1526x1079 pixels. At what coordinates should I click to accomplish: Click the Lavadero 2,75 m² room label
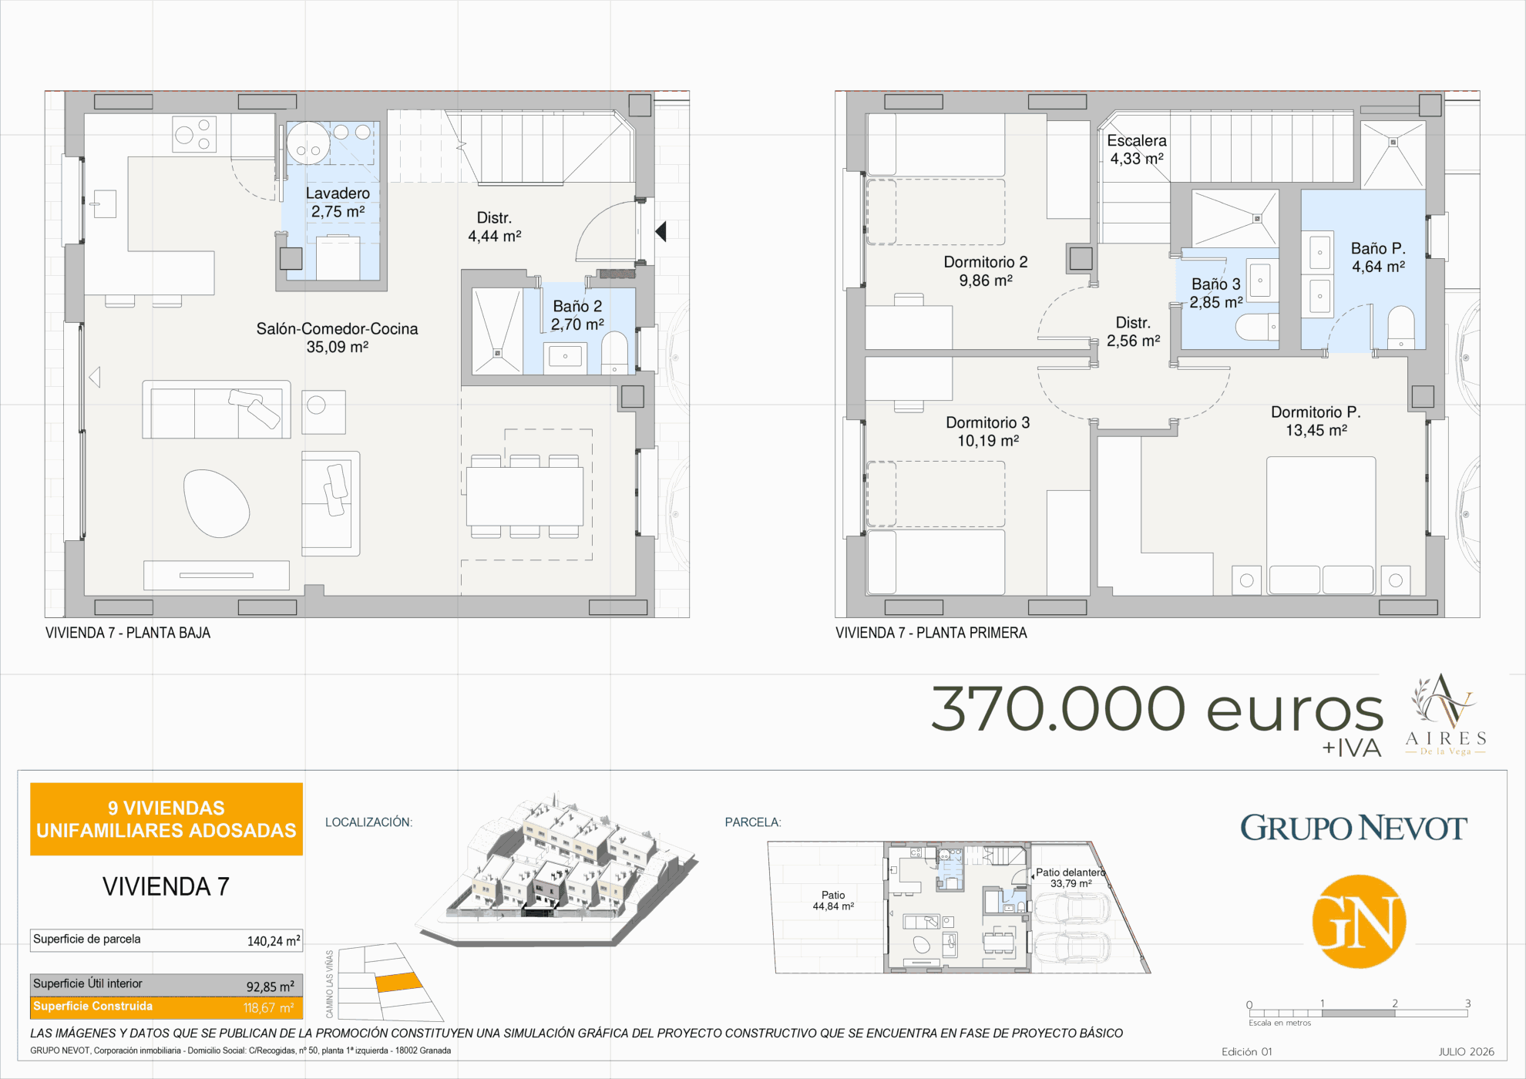(x=338, y=202)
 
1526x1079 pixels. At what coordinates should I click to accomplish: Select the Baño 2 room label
(x=577, y=315)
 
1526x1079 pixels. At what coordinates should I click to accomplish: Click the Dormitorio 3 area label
(x=988, y=432)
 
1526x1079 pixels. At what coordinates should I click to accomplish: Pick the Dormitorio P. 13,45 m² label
(x=1316, y=421)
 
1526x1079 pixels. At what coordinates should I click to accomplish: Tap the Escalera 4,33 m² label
(x=1137, y=150)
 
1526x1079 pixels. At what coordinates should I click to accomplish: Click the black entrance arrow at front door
(x=660, y=230)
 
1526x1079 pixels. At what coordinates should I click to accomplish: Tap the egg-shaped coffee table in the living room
(x=217, y=503)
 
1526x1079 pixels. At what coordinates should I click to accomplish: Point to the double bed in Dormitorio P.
(x=1321, y=526)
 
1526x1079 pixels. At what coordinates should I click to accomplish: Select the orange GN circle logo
(x=1360, y=922)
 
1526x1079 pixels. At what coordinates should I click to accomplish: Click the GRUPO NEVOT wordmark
(x=1353, y=829)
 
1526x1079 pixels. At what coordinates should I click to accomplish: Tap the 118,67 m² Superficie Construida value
(x=269, y=1008)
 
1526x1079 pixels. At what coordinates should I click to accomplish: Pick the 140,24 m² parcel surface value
(x=274, y=941)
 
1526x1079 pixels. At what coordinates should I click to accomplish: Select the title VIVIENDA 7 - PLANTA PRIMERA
(x=931, y=633)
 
